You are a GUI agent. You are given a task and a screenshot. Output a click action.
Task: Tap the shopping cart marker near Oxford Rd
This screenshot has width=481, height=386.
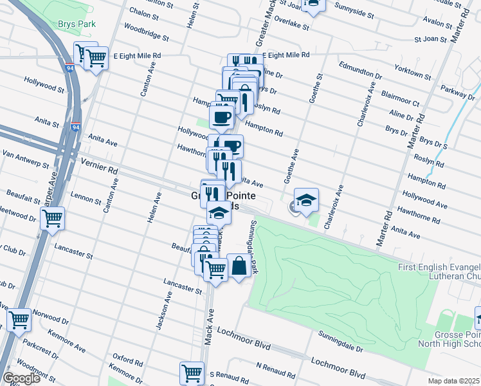[x=192, y=371]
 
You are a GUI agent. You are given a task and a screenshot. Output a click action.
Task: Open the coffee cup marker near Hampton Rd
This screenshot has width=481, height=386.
[x=222, y=117]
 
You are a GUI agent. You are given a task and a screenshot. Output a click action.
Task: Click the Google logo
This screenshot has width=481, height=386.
[x=21, y=378]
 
